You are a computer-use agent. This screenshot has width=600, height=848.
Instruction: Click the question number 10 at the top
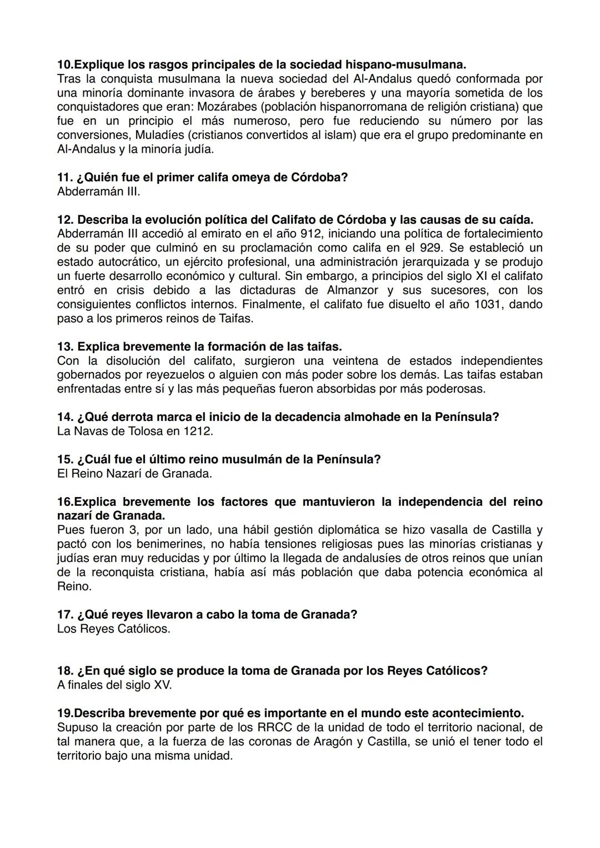pos(64,64)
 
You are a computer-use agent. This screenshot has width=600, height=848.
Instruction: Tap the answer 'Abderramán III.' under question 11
pos(98,192)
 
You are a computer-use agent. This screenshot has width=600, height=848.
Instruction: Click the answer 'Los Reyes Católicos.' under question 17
pos(113,629)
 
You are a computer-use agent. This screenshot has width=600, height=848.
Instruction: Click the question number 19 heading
pos(64,713)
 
